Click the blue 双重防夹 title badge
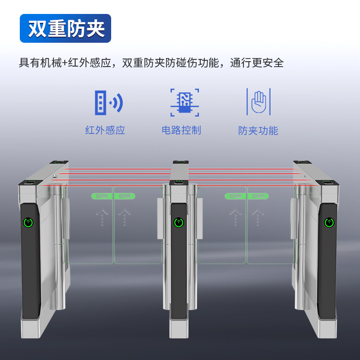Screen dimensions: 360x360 click(x=66, y=28)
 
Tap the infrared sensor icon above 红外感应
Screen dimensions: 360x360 click(x=108, y=102)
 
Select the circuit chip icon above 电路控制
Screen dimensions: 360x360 click(x=184, y=102)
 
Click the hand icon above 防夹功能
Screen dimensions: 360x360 click(x=258, y=102)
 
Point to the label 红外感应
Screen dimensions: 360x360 click(x=105, y=130)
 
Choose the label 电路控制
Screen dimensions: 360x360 click(x=181, y=130)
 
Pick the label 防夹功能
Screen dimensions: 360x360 click(x=258, y=131)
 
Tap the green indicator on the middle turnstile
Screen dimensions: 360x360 click(x=179, y=222)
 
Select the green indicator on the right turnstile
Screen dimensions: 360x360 click(x=329, y=222)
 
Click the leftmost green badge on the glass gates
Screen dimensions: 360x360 click(x=102, y=196)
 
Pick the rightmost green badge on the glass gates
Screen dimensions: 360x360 click(x=257, y=196)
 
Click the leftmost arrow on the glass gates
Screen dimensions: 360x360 click(x=102, y=216)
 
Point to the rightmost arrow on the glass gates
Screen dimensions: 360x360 click(x=257, y=216)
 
